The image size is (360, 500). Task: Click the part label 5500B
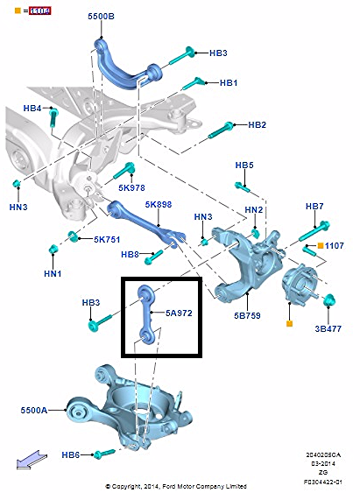101,17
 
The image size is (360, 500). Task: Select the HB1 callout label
229,82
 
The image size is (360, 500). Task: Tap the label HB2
257,125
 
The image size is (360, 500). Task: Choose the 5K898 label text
159,204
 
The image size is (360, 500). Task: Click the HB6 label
72,454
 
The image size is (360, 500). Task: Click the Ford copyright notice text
176,486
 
